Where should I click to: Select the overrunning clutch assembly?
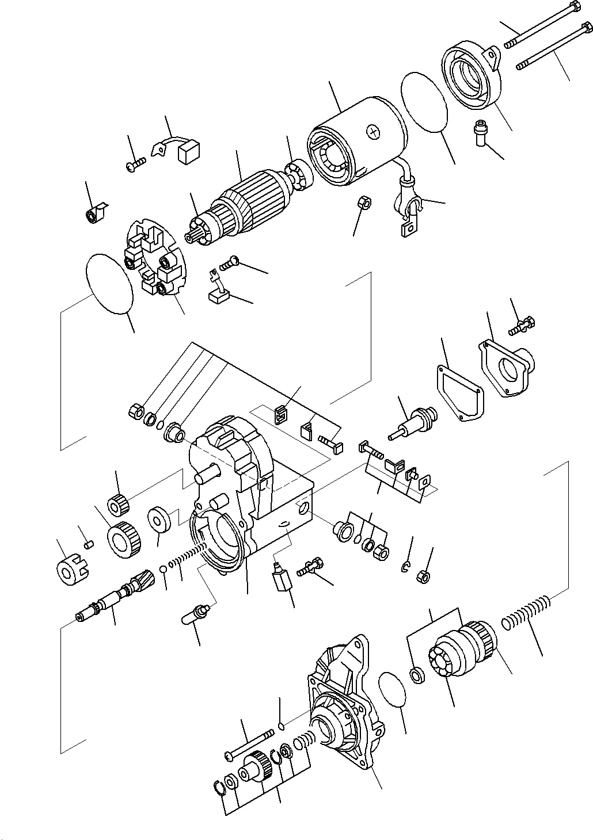click(x=461, y=650)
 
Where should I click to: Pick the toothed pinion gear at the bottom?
click(x=256, y=768)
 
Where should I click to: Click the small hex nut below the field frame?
click(x=364, y=203)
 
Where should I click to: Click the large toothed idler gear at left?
click(x=124, y=540)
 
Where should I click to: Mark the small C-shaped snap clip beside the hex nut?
click(x=405, y=568)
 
